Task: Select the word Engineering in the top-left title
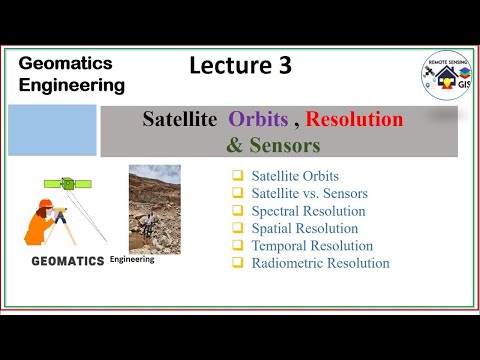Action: tap(72, 85)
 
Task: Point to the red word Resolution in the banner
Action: tap(354, 120)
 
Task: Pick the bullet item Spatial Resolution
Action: tap(304, 228)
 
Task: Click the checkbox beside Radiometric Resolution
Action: tap(237, 263)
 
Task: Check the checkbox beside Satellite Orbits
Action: tap(237, 176)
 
